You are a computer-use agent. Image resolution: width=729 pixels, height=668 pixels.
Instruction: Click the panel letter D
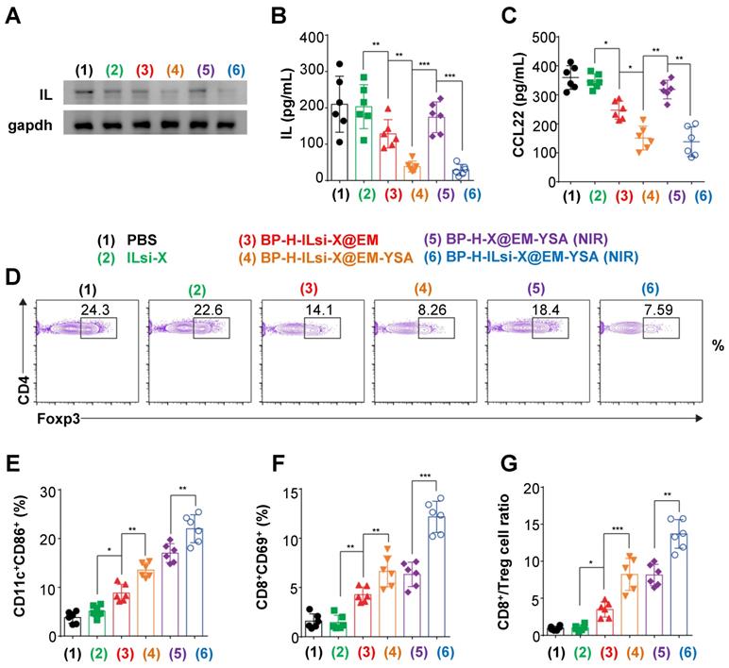coord(13,277)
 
